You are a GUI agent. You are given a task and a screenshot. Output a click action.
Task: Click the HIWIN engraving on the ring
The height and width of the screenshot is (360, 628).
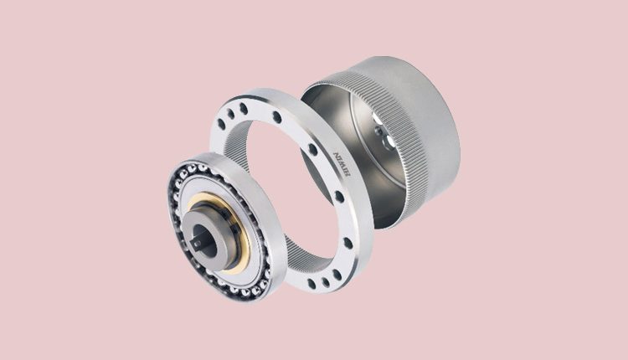[342, 164]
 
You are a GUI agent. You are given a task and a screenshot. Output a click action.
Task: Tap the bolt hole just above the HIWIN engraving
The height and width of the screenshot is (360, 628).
[313, 149]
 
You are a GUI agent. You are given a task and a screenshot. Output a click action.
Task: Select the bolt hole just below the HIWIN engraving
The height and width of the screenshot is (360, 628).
[339, 197]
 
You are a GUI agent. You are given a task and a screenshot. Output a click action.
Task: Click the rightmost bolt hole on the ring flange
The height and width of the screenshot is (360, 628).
[347, 243]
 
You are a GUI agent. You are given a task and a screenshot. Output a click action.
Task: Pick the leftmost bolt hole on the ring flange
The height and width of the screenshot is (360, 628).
[221, 123]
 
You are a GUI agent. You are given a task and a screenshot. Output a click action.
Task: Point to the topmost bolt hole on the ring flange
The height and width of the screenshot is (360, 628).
[243, 108]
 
